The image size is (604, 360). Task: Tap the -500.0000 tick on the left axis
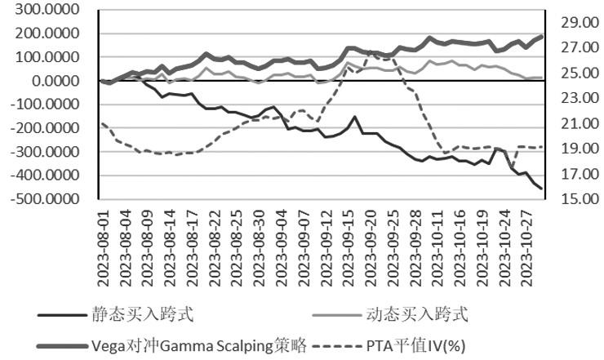(47, 199)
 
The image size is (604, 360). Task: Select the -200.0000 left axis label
(47, 129)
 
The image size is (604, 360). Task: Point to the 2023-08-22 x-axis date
(215, 244)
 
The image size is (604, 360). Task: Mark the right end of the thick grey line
(541, 37)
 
